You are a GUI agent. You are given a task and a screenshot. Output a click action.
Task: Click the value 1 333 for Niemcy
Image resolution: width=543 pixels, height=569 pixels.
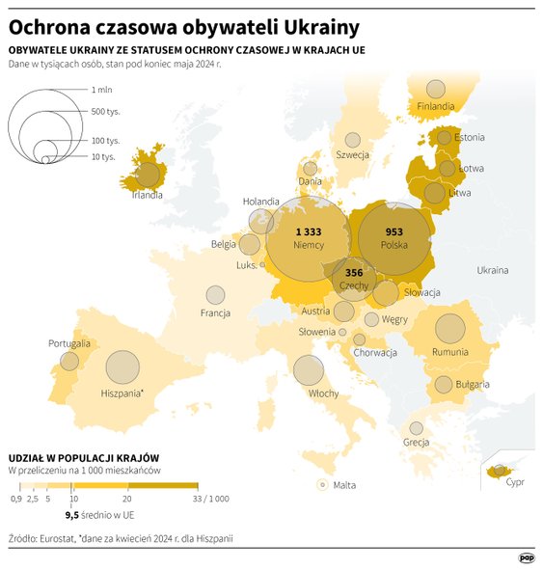pyautogui.click(x=308, y=232)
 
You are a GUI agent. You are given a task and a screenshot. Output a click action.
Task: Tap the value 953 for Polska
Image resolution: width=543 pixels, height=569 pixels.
pyautogui.click(x=394, y=232)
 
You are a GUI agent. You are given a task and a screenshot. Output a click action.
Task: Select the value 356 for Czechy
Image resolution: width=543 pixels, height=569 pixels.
pyautogui.click(x=354, y=273)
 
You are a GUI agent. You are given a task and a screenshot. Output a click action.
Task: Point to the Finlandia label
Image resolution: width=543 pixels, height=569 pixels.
pyautogui.click(x=437, y=106)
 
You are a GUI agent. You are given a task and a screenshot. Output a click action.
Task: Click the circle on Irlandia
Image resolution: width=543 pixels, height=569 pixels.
pyautogui.click(x=149, y=175)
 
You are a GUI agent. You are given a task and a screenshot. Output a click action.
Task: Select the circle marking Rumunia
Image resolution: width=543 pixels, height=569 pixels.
pyautogui.click(x=449, y=329)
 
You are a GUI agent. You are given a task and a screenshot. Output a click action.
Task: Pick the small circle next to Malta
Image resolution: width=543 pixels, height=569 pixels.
pyautogui.click(x=321, y=485)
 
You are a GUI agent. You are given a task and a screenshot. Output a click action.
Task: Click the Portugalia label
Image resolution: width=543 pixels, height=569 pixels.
pyautogui.click(x=68, y=343)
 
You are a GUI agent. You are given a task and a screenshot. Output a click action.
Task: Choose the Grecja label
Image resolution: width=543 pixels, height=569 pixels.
pyautogui.click(x=416, y=443)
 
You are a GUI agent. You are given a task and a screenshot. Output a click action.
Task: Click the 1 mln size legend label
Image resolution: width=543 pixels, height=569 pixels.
pyautogui.click(x=102, y=89)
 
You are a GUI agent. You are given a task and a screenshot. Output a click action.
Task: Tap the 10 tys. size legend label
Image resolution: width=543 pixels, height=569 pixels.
pyautogui.click(x=103, y=156)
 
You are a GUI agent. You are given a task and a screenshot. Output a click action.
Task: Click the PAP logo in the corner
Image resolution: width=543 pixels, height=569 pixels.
pyautogui.click(x=527, y=556)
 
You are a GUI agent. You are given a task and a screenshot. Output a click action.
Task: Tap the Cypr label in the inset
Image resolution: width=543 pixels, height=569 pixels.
pyautogui.click(x=516, y=483)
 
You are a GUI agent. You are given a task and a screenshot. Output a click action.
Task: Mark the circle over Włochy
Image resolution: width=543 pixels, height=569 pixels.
pyautogui.click(x=309, y=370)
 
